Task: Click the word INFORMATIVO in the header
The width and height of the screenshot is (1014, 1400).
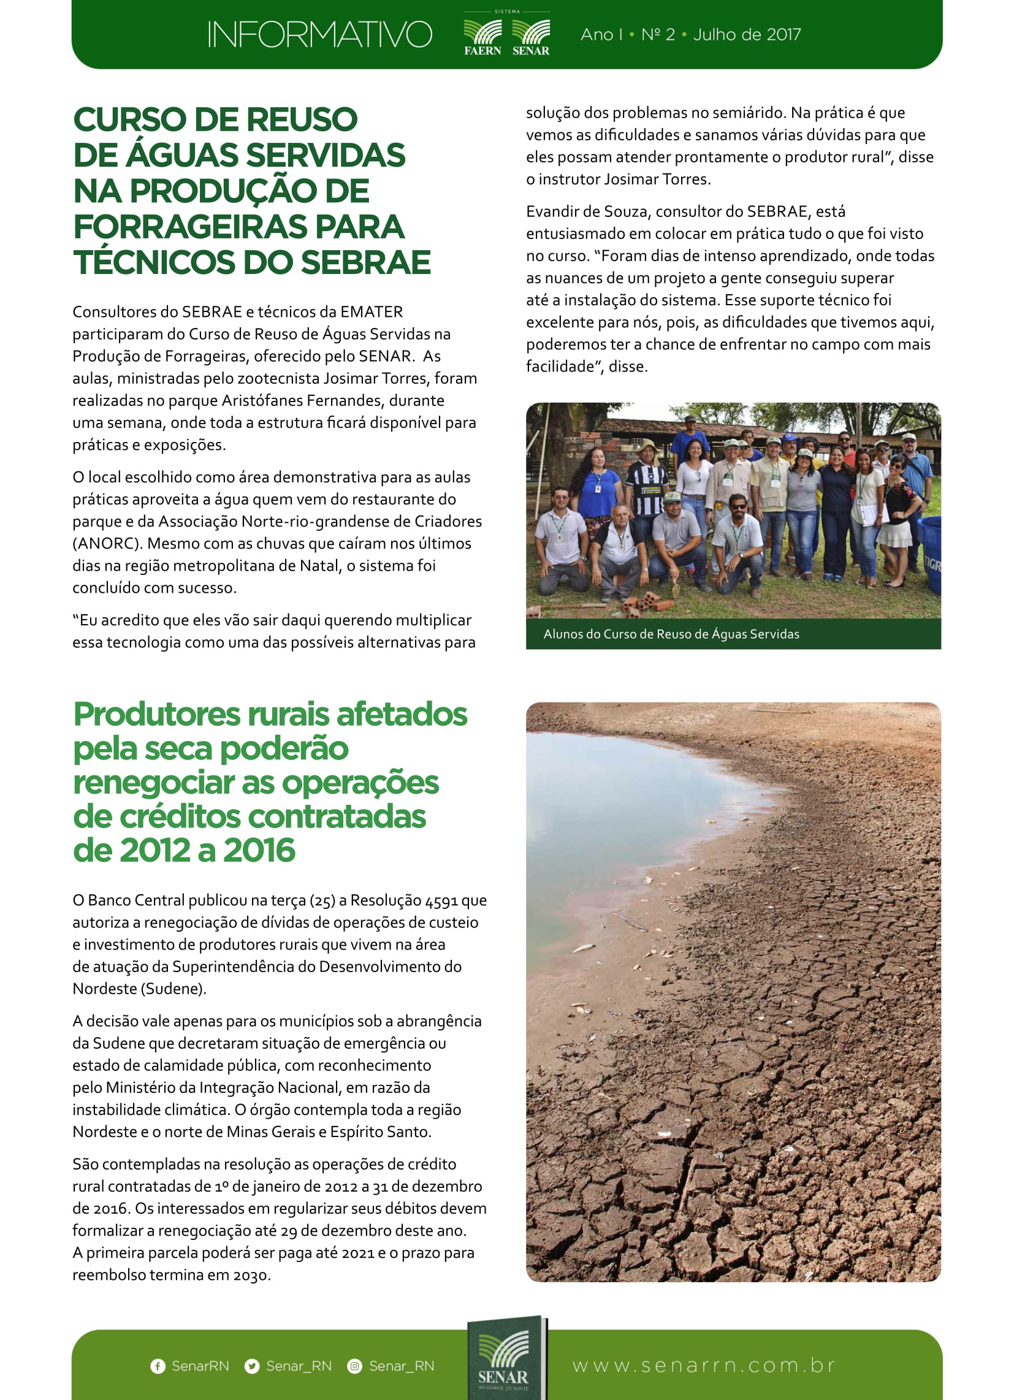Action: tap(319, 34)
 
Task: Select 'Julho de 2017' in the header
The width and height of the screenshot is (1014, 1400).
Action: tap(747, 34)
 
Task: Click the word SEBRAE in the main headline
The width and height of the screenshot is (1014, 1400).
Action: tap(365, 262)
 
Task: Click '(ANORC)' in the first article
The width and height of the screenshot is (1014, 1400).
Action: tap(105, 544)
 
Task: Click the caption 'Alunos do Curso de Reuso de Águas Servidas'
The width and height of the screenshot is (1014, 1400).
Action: tap(671, 634)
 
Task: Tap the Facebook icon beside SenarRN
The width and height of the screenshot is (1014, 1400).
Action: tap(158, 1366)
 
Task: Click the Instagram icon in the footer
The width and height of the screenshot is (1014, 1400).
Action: tap(354, 1366)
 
